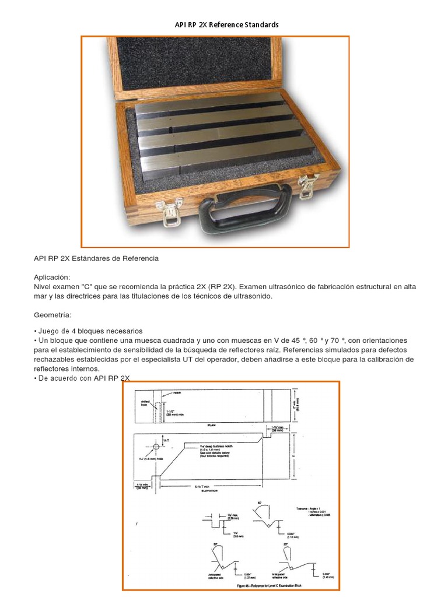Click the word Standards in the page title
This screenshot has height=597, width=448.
pos(257,24)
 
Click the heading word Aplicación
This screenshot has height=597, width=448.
pos(52,277)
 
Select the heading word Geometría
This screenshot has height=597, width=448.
pos(52,315)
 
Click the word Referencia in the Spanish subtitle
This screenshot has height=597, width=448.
pos(139,258)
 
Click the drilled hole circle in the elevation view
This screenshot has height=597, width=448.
pos(156,447)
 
